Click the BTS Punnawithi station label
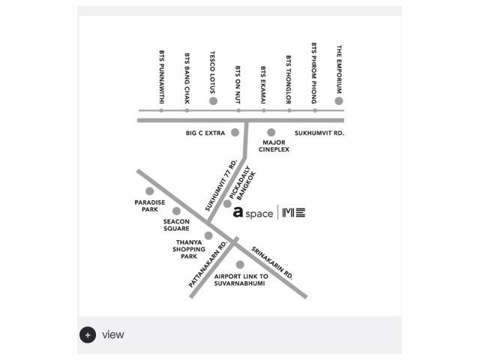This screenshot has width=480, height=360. [x=162, y=77]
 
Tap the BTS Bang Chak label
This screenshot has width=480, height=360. [x=187, y=78]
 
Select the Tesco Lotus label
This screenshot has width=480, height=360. [x=212, y=72]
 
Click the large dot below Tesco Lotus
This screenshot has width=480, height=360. [x=213, y=101]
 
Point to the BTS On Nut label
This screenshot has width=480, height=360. [x=238, y=85]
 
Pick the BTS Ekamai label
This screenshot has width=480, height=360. [x=263, y=85]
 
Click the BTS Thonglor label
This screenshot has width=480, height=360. [x=288, y=79]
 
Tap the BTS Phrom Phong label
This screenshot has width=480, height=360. [x=314, y=73]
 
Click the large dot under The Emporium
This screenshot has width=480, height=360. [x=339, y=101]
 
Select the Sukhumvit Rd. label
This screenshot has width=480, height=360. [x=319, y=133]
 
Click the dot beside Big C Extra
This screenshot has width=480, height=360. [x=235, y=133]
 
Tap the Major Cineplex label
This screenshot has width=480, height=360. [x=274, y=146]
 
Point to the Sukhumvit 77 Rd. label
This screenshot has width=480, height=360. [x=221, y=185]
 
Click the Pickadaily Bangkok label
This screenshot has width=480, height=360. [x=243, y=183]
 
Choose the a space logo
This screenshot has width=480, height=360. [x=253, y=212]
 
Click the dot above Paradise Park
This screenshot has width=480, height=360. [x=150, y=191]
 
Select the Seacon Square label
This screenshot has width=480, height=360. [x=176, y=225]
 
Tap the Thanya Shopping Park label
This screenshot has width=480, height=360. [x=189, y=249]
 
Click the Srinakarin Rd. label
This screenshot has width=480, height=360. [x=272, y=263]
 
